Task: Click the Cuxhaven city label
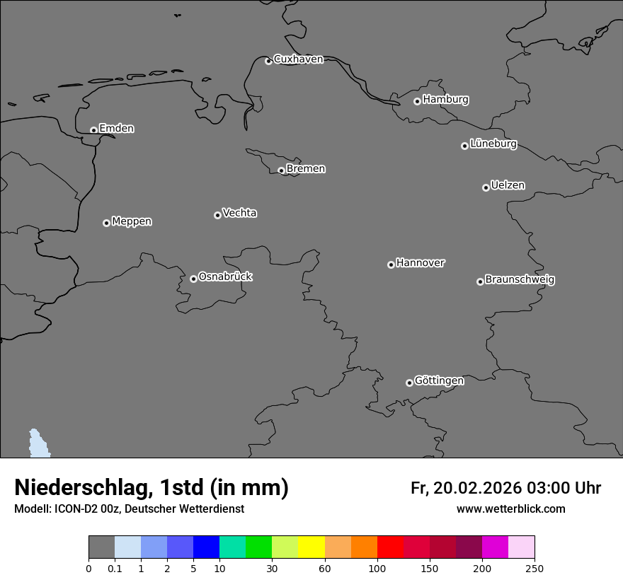coord(298,59)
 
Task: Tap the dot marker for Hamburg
coord(417,101)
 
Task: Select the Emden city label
coord(116,129)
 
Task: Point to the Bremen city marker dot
coord(281,170)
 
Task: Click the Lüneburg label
coord(493,144)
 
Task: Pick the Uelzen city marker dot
coord(486,187)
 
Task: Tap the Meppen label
coord(132,221)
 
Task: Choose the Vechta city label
coord(239,213)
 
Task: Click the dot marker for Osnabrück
coord(193,279)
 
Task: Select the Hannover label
coord(420,263)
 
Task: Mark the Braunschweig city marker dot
coord(480,281)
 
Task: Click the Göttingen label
coord(439,380)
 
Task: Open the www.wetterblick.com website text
coord(510,509)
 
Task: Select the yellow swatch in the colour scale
coord(311,547)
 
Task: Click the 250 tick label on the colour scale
coord(535,567)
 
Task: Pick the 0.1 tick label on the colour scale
coord(115,567)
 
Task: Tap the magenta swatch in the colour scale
coord(495,547)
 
